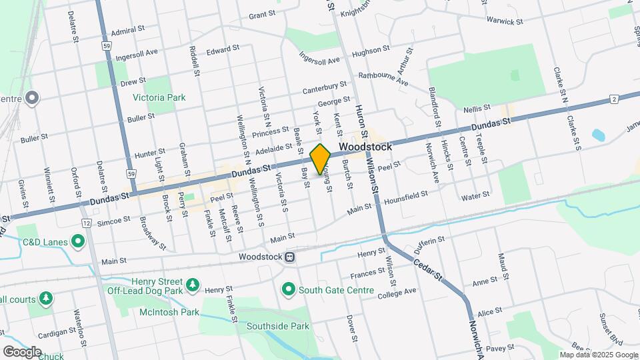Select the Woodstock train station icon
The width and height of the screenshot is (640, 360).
coord(290,257)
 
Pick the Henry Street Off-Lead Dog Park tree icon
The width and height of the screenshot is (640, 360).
coord(192,285)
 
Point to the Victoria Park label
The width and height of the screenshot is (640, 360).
coord(159,97)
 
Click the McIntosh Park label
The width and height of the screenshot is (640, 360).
coord(169,312)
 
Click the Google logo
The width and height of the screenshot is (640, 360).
coord(22,351)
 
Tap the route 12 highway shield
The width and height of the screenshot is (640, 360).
coord(87,222)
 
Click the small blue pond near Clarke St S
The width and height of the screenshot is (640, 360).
coord(597,135)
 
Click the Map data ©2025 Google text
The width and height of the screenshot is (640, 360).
coord(598,355)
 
